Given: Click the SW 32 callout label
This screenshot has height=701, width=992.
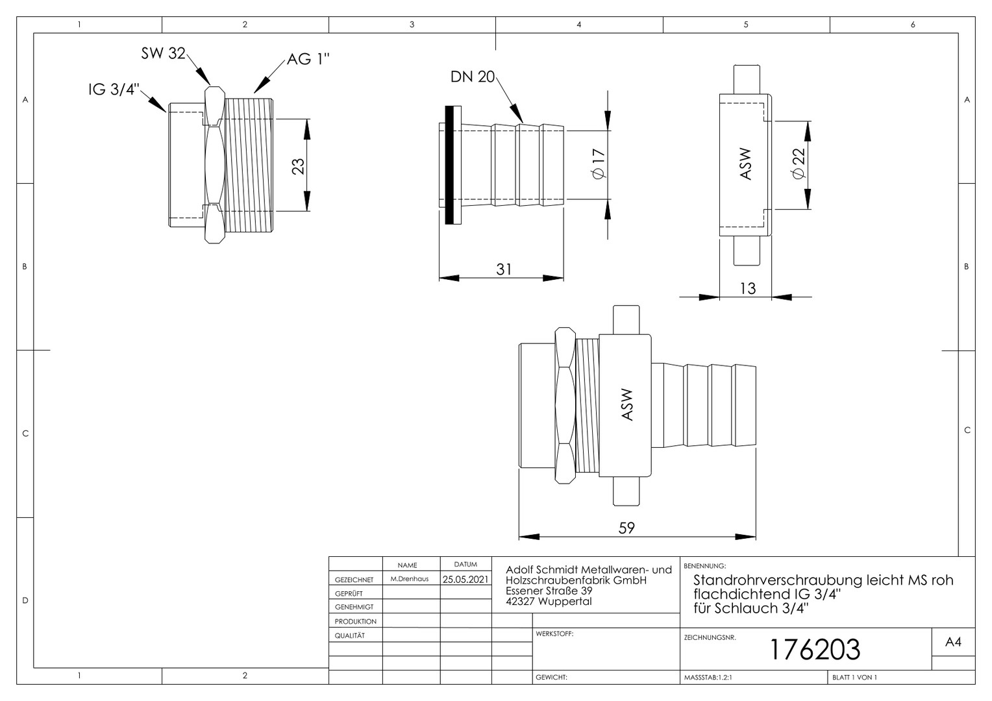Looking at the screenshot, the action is (163, 54).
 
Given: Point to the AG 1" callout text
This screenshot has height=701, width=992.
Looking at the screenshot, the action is (308, 59).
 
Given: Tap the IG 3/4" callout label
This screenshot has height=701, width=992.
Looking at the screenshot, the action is (114, 90).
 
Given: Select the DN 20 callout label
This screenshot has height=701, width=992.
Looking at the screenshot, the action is (473, 77).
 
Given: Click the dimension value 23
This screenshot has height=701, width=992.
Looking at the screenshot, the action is (299, 166).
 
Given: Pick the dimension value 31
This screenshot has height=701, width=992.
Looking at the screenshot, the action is (504, 269).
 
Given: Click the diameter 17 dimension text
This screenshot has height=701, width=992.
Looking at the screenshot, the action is (599, 164).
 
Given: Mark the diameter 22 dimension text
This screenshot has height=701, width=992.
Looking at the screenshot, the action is (799, 164).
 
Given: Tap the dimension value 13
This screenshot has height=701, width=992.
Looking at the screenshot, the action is (748, 289).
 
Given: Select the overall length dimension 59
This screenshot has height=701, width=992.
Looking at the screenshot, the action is (626, 528).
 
